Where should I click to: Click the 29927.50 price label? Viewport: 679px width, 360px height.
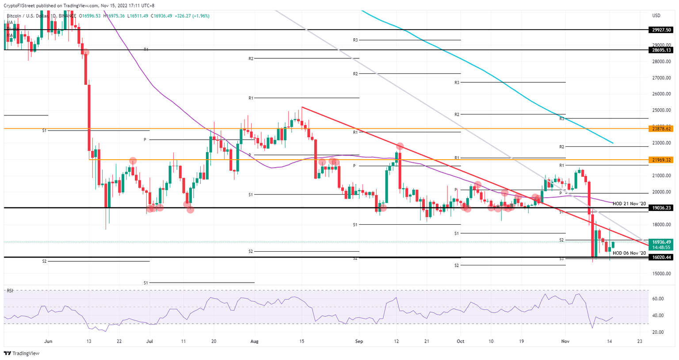[662, 30]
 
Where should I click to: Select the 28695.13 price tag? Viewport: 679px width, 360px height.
[662, 50]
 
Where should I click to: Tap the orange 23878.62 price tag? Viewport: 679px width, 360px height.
[662, 129]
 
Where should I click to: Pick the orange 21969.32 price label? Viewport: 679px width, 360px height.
[662, 160]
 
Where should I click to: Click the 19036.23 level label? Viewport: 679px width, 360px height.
[662, 207]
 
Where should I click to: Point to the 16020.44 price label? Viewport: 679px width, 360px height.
[662, 257]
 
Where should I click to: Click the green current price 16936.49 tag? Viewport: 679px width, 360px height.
[662, 242]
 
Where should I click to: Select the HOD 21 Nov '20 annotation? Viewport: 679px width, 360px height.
[629, 203]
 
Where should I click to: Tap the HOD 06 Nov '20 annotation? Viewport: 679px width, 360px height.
[629, 253]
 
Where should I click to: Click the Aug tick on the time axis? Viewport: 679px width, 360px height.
[254, 341]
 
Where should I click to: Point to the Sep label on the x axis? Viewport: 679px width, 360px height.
[359, 341]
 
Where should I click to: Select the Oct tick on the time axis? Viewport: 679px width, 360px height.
[460, 341]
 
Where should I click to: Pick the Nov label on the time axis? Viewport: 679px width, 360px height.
[565, 341]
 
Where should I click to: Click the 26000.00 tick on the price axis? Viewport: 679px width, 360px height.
[662, 94]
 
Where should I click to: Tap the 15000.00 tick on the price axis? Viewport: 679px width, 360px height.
[662, 274]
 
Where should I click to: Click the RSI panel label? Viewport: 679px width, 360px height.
[9, 291]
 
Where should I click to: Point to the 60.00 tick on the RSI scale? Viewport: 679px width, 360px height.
[658, 299]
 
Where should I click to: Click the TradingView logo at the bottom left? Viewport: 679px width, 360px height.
[22, 353]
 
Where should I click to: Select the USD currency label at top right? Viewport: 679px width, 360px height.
[656, 16]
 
